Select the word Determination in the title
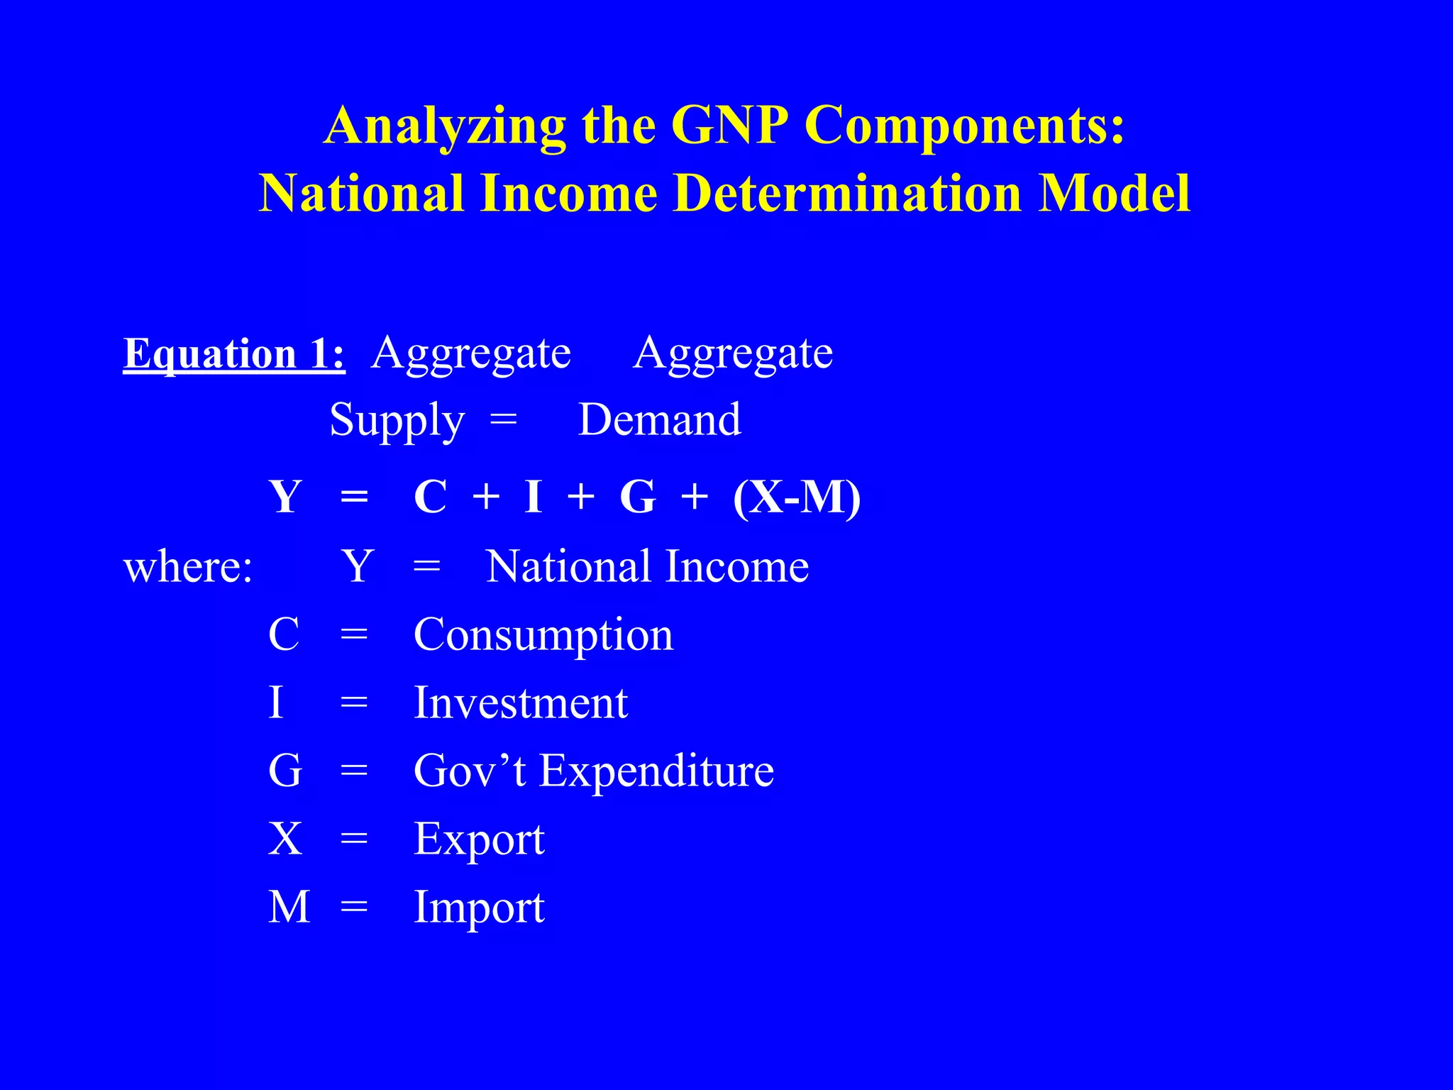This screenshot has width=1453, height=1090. (x=847, y=193)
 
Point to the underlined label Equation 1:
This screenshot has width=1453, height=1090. (x=234, y=354)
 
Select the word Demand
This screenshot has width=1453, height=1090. (x=660, y=419)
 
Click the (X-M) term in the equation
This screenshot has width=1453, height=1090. (x=797, y=497)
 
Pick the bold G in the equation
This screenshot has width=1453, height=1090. (x=637, y=497)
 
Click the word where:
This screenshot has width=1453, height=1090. (x=188, y=567)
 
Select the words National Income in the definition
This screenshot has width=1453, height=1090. (x=647, y=566)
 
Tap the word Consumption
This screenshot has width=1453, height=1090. (x=543, y=635)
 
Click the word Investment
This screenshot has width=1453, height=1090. (x=521, y=703)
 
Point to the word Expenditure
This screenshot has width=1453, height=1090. (x=656, y=771)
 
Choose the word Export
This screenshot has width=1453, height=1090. (x=479, y=840)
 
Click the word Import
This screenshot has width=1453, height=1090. (x=479, y=908)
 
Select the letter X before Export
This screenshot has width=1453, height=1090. (x=285, y=839)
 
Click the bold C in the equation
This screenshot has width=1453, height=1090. (x=430, y=497)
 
